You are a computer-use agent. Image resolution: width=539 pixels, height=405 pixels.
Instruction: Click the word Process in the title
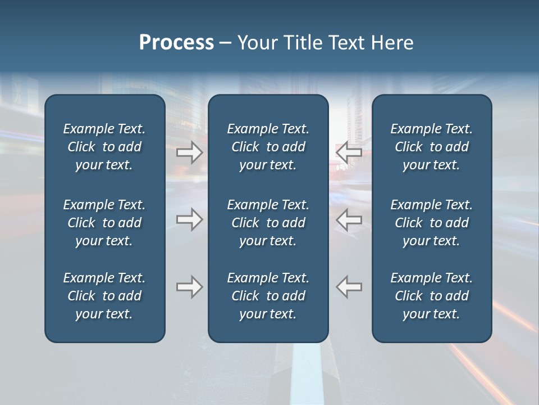(x=176, y=43)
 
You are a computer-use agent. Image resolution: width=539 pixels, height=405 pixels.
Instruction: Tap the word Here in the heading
(x=392, y=43)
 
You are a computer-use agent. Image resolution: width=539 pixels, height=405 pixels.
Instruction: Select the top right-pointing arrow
(x=190, y=152)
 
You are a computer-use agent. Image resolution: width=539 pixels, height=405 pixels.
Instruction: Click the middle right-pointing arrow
(x=190, y=219)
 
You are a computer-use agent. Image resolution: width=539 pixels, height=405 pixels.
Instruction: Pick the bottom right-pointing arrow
(x=190, y=287)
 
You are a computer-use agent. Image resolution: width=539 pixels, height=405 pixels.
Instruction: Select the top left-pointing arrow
(x=349, y=152)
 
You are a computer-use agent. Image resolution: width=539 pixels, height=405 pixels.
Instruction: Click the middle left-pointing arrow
(x=349, y=219)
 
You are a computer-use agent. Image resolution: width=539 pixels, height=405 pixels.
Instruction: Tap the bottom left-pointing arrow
(x=349, y=287)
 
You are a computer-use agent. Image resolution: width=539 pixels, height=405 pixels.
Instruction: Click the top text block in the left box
(x=104, y=147)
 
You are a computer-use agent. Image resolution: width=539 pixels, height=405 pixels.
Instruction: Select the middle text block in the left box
(x=104, y=223)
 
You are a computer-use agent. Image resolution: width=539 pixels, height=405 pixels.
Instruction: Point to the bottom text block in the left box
(x=104, y=296)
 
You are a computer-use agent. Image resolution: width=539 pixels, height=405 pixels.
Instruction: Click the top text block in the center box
(x=268, y=147)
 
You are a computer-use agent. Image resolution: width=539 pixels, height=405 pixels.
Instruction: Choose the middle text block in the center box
(x=268, y=223)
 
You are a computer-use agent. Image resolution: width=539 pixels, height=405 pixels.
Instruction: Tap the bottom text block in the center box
(x=268, y=296)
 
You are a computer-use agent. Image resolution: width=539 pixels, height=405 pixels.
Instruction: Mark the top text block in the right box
(x=432, y=147)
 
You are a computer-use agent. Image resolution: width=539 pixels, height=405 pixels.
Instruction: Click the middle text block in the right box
(x=432, y=223)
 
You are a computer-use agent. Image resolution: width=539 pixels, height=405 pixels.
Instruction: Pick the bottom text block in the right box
(x=432, y=296)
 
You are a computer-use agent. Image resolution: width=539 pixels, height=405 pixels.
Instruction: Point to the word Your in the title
(x=256, y=43)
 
